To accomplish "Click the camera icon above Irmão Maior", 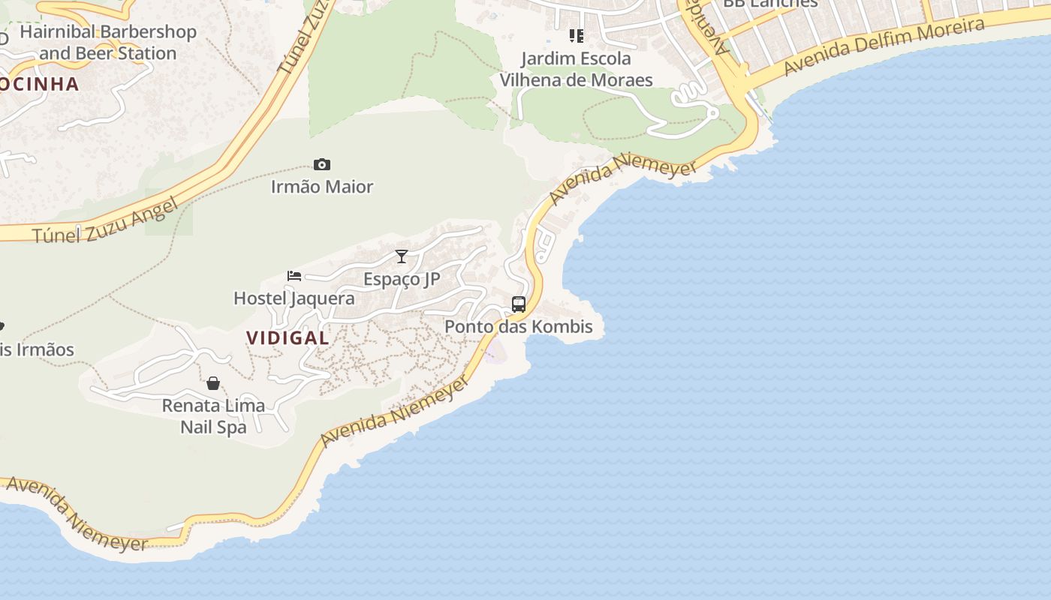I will click(322, 165).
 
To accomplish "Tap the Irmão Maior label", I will click(322, 187).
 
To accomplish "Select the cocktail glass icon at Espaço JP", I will click(402, 256).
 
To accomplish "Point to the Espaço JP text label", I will click(402, 279).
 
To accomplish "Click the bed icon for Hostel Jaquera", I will click(294, 276).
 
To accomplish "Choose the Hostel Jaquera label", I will click(294, 298).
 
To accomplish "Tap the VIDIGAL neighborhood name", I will click(288, 337).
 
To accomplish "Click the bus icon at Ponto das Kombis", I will click(519, 304).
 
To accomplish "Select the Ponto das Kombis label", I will click(519, 327).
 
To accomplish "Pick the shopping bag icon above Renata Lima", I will click(213, 383).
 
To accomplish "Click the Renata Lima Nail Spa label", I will click(213, 416).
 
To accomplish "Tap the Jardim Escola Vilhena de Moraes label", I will click(576, 69).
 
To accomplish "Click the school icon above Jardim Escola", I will click(576, 35).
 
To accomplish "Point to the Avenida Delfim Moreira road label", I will click(884, 46).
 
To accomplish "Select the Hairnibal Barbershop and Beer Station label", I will click(108, 43).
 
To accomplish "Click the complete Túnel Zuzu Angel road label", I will click(106, 221).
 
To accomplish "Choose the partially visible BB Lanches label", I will click(769, 4).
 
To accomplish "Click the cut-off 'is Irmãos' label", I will click(38, 350).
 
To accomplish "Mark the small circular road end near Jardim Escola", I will click(712, 112).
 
